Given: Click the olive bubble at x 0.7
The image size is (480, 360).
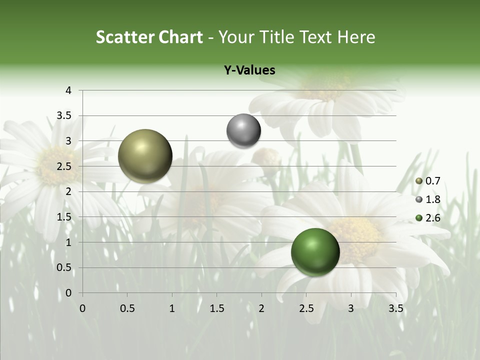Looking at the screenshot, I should click(145, 156).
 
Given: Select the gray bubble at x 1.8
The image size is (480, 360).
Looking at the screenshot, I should click(243, 131).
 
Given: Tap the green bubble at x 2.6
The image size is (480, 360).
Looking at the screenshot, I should click(315, 252).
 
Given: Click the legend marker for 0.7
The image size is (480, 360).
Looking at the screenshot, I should click(419, 181).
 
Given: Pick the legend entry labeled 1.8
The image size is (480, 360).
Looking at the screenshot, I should click(432, 199).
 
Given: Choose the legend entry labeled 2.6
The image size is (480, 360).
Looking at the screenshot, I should click(432, 218).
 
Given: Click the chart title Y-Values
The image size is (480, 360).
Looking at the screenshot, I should click(249, 70).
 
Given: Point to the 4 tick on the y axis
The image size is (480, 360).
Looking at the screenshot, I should click(68, 90).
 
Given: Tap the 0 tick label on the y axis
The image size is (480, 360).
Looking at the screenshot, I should click(68, 293).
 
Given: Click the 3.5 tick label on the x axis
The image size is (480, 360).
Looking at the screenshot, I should click(395, 308).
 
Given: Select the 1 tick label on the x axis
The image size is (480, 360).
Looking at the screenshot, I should click(172, 308).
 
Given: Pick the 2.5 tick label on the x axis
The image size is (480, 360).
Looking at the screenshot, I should click(306, 308).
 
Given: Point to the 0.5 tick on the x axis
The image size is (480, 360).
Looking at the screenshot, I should click(127, 308).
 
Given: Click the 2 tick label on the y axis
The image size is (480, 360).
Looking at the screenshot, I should click(68, 191).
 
